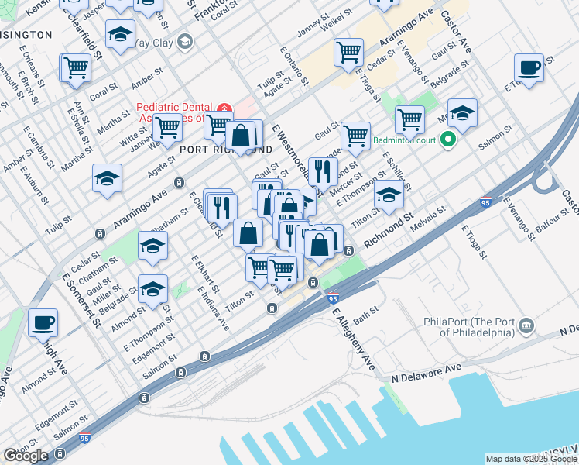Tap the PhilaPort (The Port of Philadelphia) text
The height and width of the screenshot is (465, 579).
469,326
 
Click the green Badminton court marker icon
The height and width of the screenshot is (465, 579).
447,141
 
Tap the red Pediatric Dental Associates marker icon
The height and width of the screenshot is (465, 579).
224,108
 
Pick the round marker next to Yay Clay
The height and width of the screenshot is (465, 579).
184,41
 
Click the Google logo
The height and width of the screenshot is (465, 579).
26,456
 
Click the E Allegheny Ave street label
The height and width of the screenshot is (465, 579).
354,339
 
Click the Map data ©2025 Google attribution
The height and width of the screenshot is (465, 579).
531,459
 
